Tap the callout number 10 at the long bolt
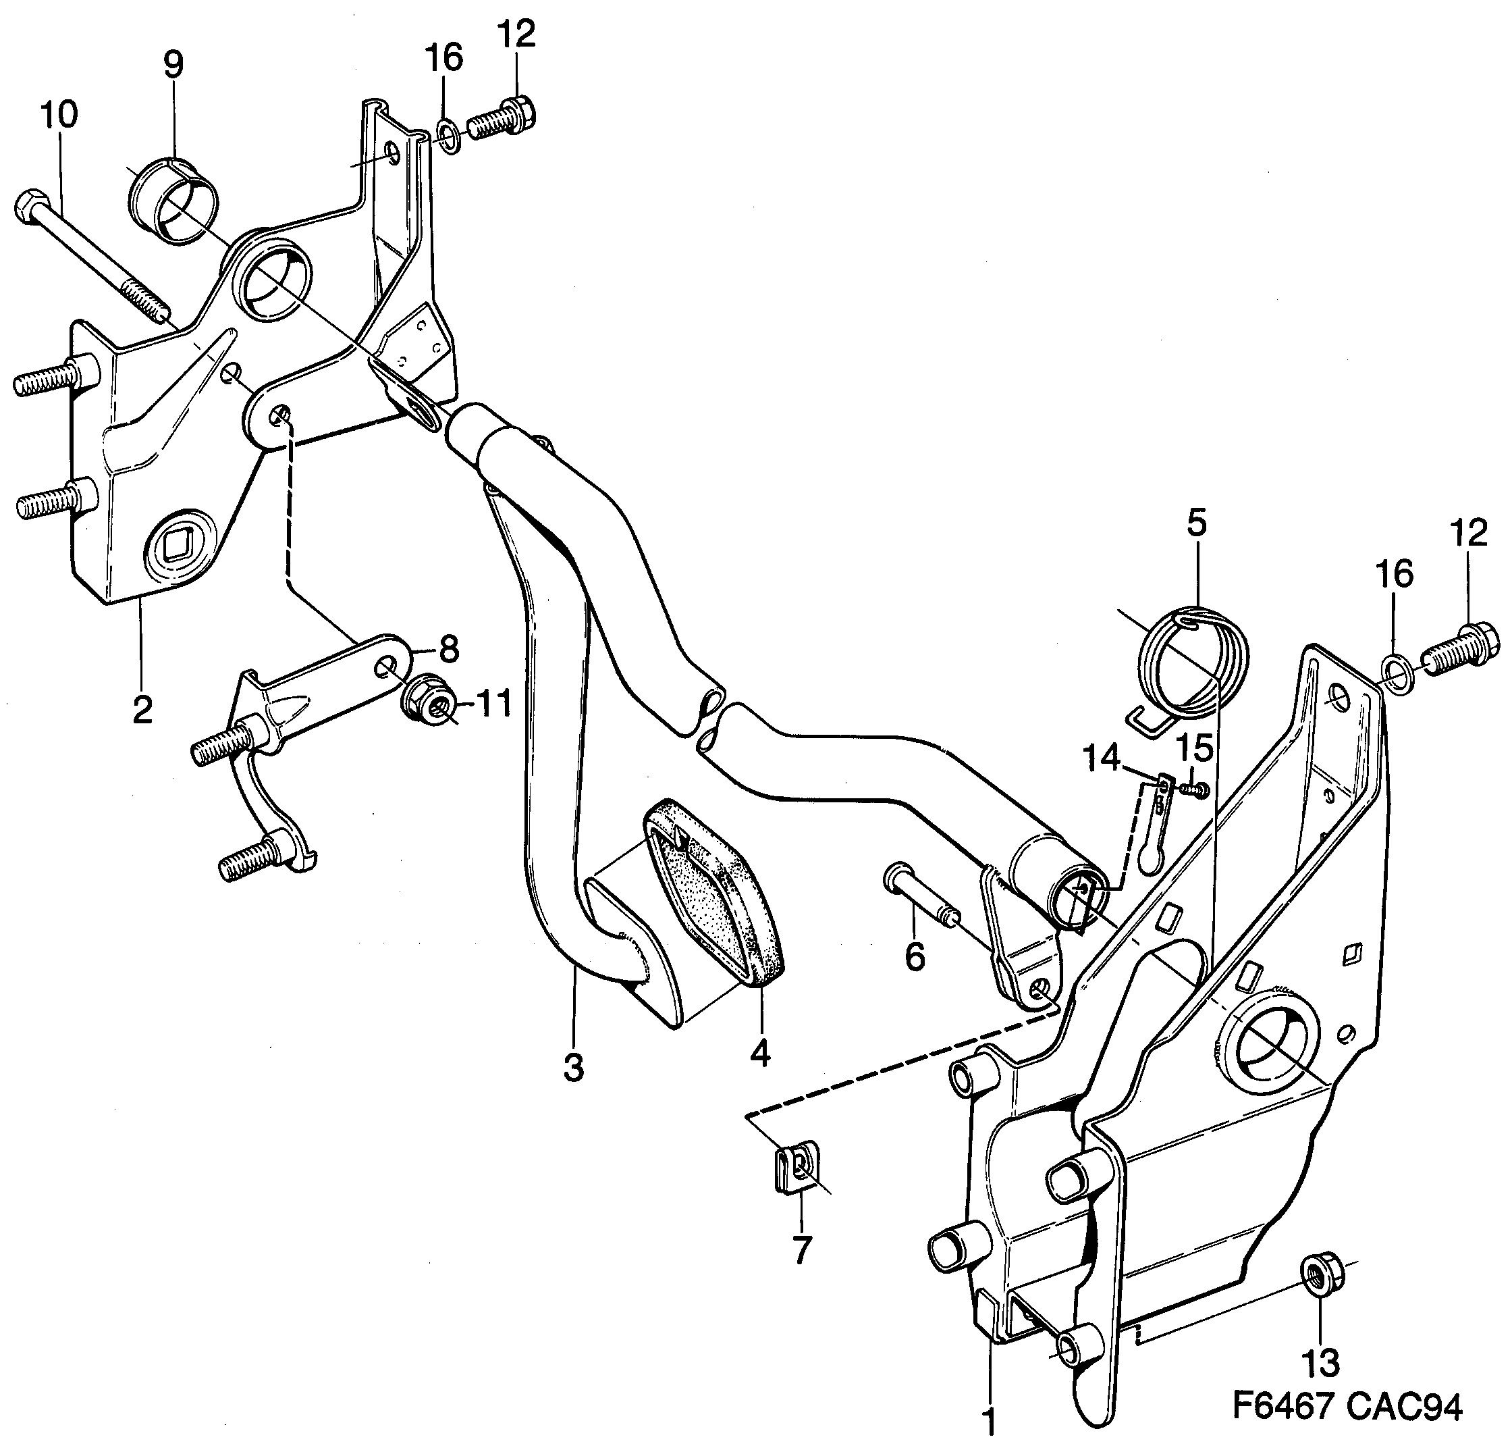59,115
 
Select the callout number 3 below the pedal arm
573,1068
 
